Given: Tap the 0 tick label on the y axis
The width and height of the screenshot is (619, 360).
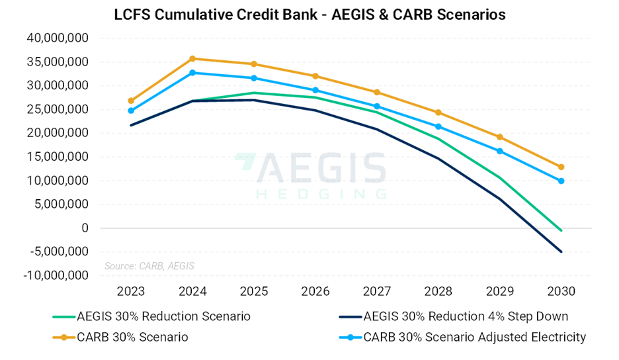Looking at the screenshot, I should [x=85, y=228].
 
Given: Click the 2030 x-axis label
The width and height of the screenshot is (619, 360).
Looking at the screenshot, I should [x=561, y=292].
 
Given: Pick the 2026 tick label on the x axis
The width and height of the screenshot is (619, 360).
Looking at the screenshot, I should [x=315, y=292].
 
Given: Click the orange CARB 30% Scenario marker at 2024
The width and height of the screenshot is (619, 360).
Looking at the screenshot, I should [x=192, y=59].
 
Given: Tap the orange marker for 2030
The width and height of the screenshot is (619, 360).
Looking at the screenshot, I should [x=561, y=167].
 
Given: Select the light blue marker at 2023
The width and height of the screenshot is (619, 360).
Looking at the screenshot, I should [x=131, y=111].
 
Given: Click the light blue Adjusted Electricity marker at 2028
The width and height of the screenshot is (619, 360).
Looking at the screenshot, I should [x=438, y=126].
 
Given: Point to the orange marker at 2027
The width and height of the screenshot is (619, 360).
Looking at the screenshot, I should [x=377, y=92].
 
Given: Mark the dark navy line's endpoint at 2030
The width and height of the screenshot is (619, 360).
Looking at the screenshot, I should [x=561, y=251].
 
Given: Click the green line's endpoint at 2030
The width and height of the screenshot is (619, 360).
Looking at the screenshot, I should [x=561, y=230].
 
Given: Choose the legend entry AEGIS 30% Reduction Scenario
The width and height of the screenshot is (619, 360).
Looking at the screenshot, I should [x=163, y=316].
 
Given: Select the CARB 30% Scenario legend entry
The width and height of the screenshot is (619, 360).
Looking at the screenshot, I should [x=132, y=337].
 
